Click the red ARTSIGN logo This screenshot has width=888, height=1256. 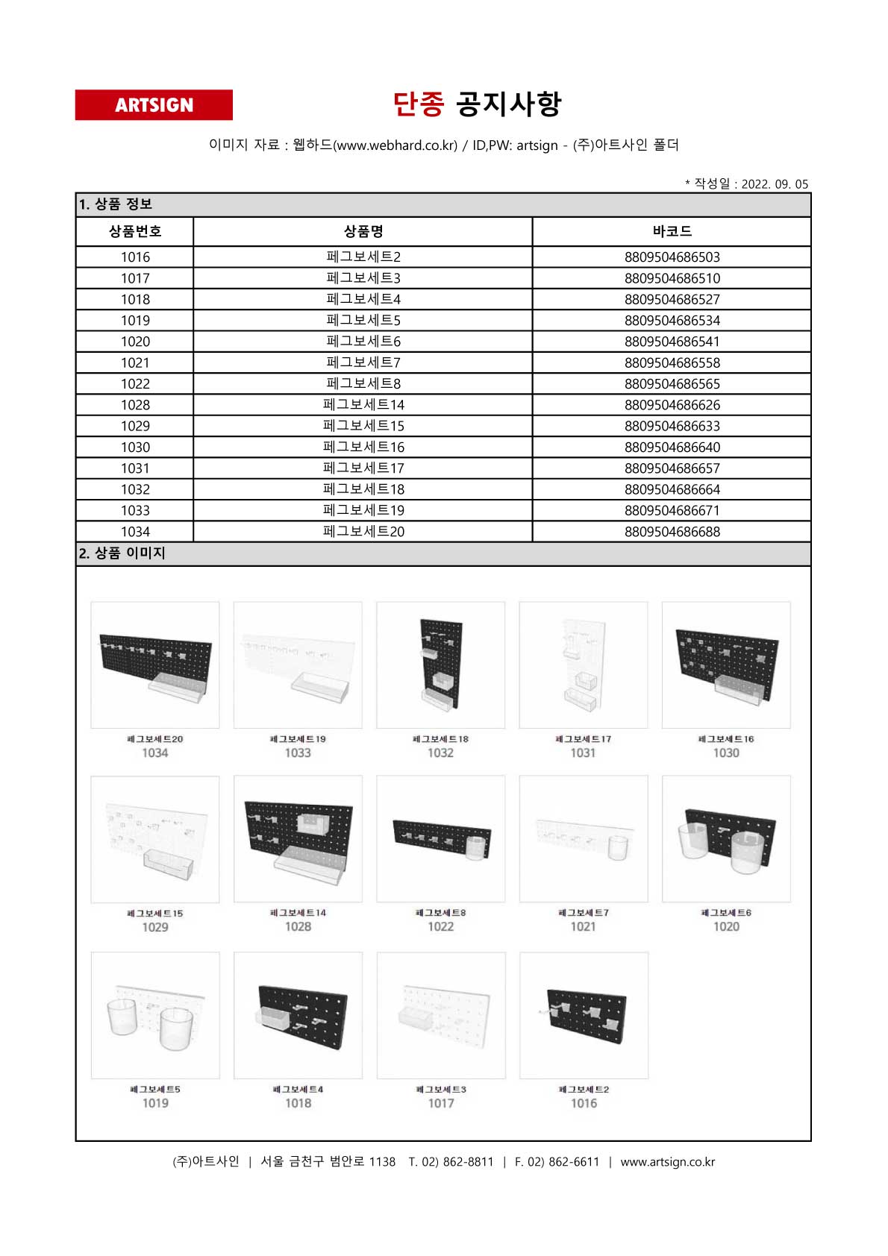pos(154,105)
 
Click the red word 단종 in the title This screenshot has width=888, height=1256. pos(419,104)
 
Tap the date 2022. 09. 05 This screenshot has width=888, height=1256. pos(775,184)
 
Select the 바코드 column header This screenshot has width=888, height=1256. pos(672,231)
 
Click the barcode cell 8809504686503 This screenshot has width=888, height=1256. pos(672,257)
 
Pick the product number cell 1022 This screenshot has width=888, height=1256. pos(135,384)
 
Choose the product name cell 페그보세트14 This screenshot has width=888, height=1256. pos(363,405)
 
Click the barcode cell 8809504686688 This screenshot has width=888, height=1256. pos(672,532)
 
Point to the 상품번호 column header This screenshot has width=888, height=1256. pos(135,231)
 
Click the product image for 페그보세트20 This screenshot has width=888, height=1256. pos(155,665)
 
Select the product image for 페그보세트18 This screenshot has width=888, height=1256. pos(440,665)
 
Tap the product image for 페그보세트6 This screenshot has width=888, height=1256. pos(726,839)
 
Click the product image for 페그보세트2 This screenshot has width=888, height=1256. pos(584,1015)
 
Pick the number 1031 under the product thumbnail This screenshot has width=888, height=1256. pos(583,753)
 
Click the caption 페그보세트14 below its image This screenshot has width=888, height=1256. pos(298,913)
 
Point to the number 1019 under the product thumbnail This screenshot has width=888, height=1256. pos(155,1103)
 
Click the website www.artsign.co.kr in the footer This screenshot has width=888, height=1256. pos(667,1162)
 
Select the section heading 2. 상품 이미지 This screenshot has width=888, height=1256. pos(122,553)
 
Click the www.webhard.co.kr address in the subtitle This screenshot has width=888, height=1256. pos(395,145)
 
